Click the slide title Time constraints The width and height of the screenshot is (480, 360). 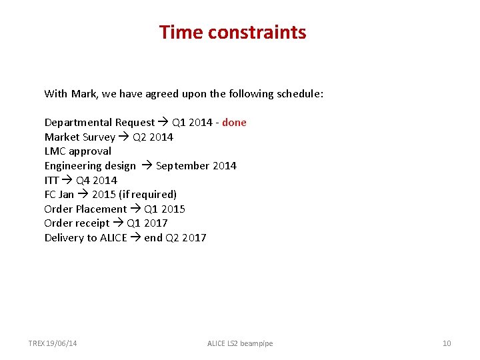(233, 32)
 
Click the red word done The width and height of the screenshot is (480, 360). (234, 123)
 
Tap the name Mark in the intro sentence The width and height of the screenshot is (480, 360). (83, 94)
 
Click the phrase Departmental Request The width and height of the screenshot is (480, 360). (99, 123)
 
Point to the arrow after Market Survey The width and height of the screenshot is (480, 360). (124, 137)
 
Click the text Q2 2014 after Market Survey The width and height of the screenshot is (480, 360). (153, 137)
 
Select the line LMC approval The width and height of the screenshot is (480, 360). (77, 151)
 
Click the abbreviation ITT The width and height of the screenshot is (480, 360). (51, 180)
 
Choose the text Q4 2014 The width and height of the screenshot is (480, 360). (96, 180)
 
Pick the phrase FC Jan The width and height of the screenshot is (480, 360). (59, 195)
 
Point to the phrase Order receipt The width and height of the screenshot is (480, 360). (77, 223)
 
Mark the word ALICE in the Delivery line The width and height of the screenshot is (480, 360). (113, 238)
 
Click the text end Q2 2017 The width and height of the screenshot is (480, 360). (175, 238)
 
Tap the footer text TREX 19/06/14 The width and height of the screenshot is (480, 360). (53, 343)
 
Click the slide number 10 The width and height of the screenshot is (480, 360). (447, 343)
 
